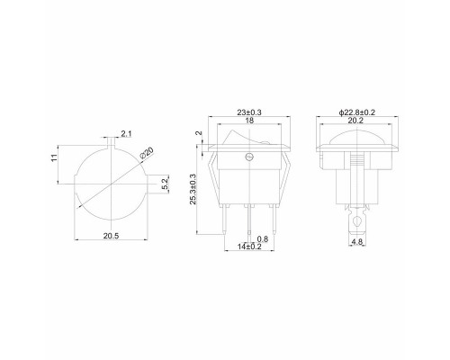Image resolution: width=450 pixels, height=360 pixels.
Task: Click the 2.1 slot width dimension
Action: coord(126,134)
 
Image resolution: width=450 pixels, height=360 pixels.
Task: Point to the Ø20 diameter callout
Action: coord(147,153)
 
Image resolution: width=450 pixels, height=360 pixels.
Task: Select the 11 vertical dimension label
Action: coord(54,157)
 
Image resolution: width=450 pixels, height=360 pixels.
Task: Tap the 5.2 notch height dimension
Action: coord(166,184)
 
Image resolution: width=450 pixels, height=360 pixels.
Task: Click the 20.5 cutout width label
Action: coord(111,236)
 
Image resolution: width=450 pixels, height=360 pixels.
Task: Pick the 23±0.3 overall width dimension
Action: coord(249,112)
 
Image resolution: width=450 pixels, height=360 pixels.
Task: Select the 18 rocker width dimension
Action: coord(249,121)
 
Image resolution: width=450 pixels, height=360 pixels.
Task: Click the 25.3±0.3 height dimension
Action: coord(193,189)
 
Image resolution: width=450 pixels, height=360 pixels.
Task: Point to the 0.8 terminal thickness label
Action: coord(263,239)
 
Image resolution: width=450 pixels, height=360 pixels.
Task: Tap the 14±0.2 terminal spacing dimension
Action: coord(249,247)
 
